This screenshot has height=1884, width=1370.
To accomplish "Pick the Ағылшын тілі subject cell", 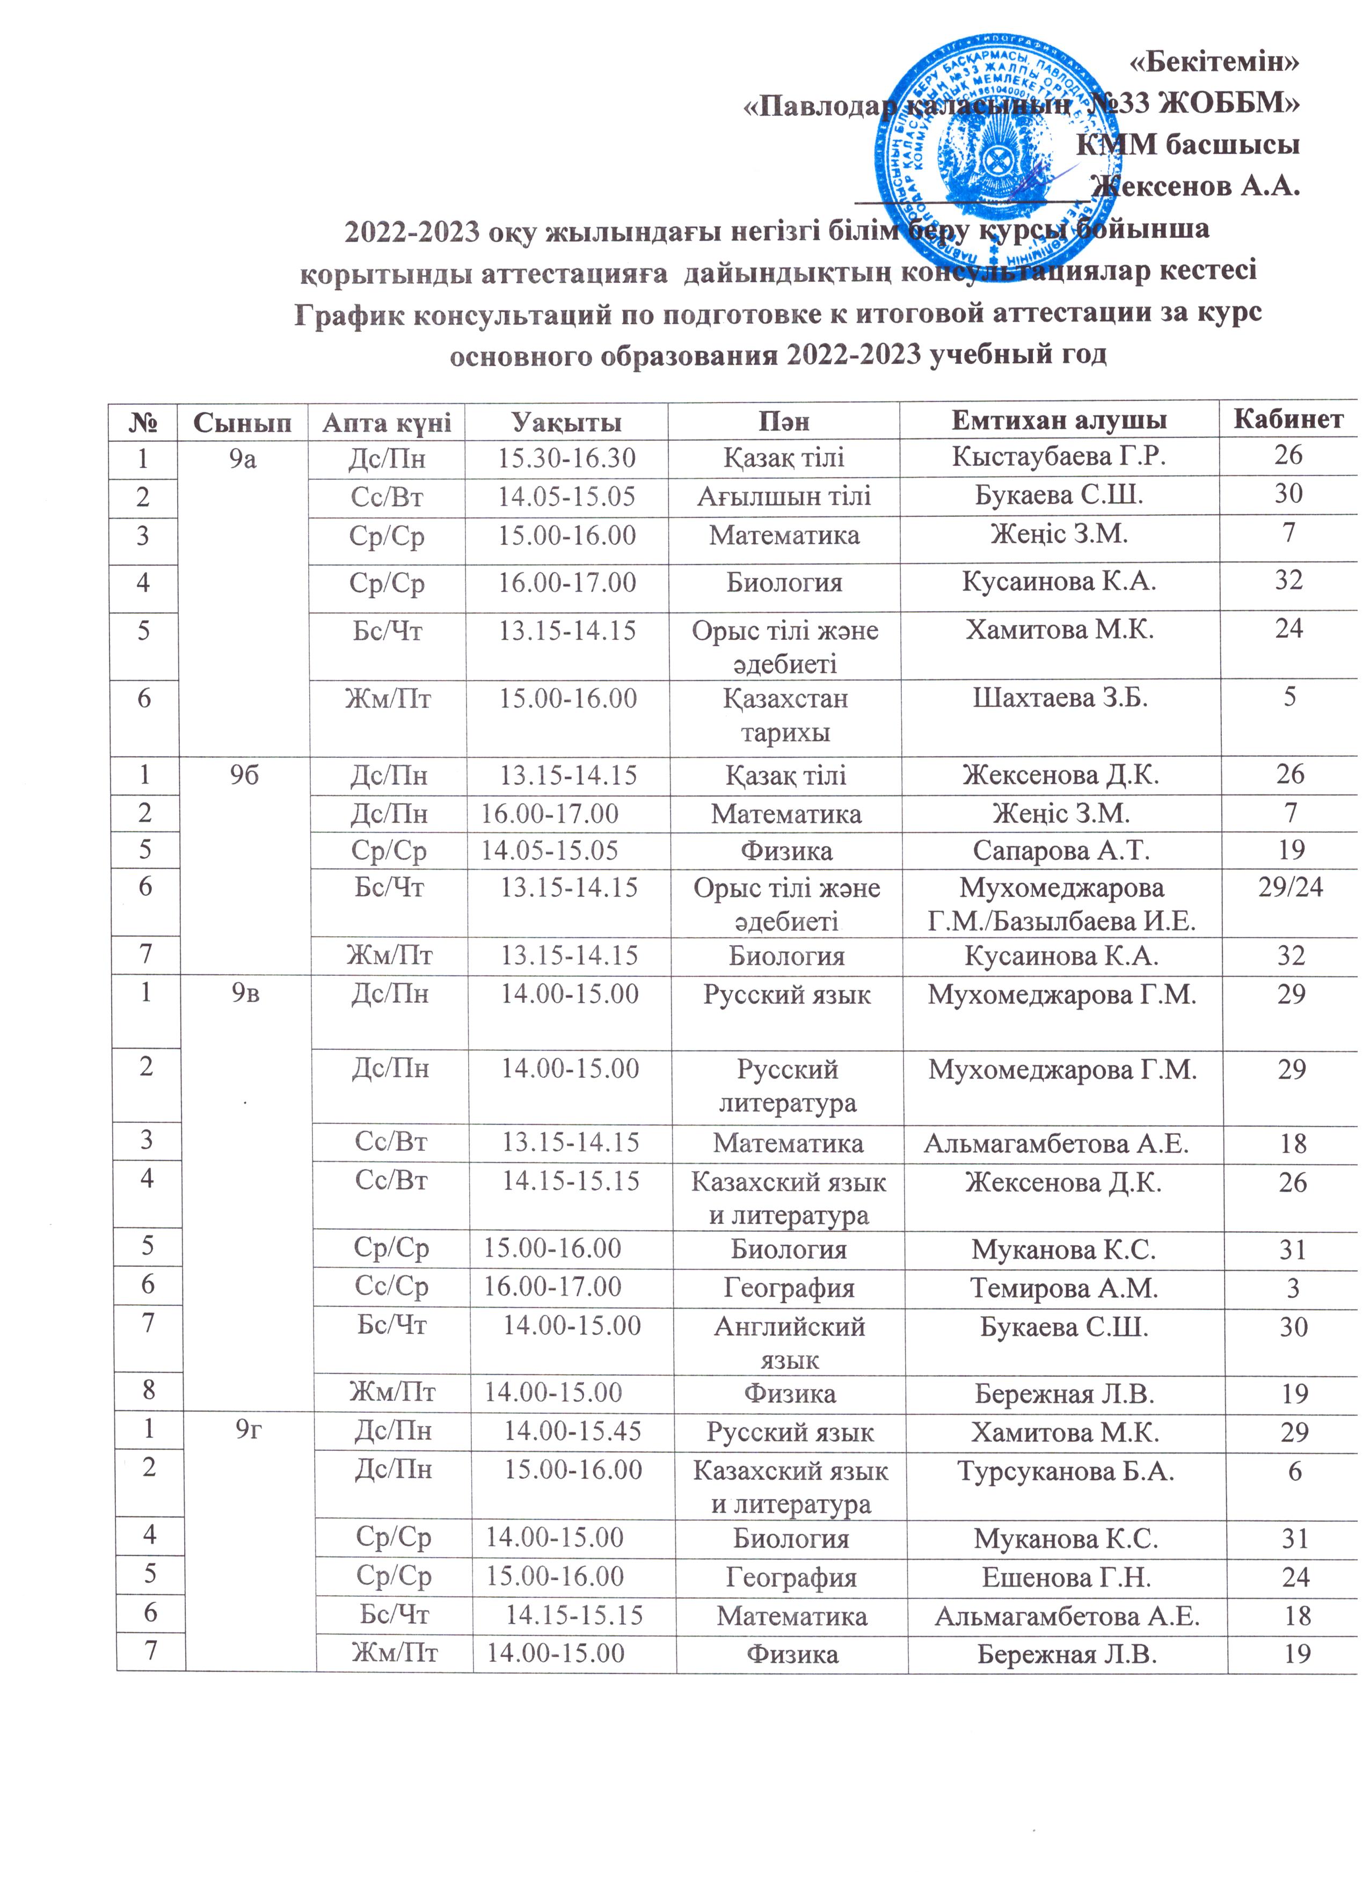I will point(783,496).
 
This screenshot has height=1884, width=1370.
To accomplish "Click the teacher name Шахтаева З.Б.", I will point(1060,698).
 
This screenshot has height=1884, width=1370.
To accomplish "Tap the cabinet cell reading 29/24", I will point(1290,888).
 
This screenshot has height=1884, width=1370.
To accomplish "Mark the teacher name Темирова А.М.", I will point(1064,1288).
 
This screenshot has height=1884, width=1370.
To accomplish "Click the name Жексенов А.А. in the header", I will point(1197,185).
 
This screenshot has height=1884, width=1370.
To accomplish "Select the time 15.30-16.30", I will point(566,457).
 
